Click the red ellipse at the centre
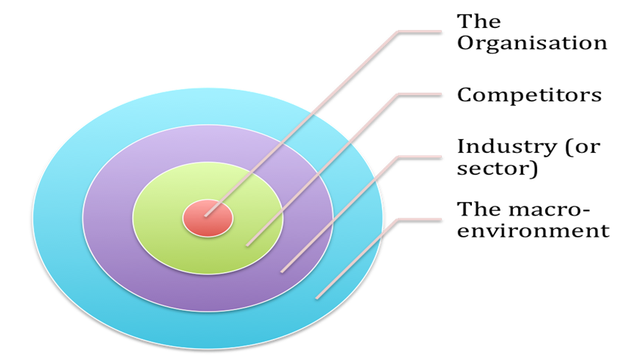pos(208,219)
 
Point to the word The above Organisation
pos(479,21)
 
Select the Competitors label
pos(529,96)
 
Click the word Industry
pos(506,147)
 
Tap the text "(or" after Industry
pos(582,147)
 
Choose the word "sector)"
pos(498,169)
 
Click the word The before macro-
pos(479,209)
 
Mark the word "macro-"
pos(549,209)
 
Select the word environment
pos(533,231)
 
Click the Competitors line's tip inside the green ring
pos(247,246)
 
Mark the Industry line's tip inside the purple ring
pos(281,272)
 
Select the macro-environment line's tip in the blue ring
pos(316,299)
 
